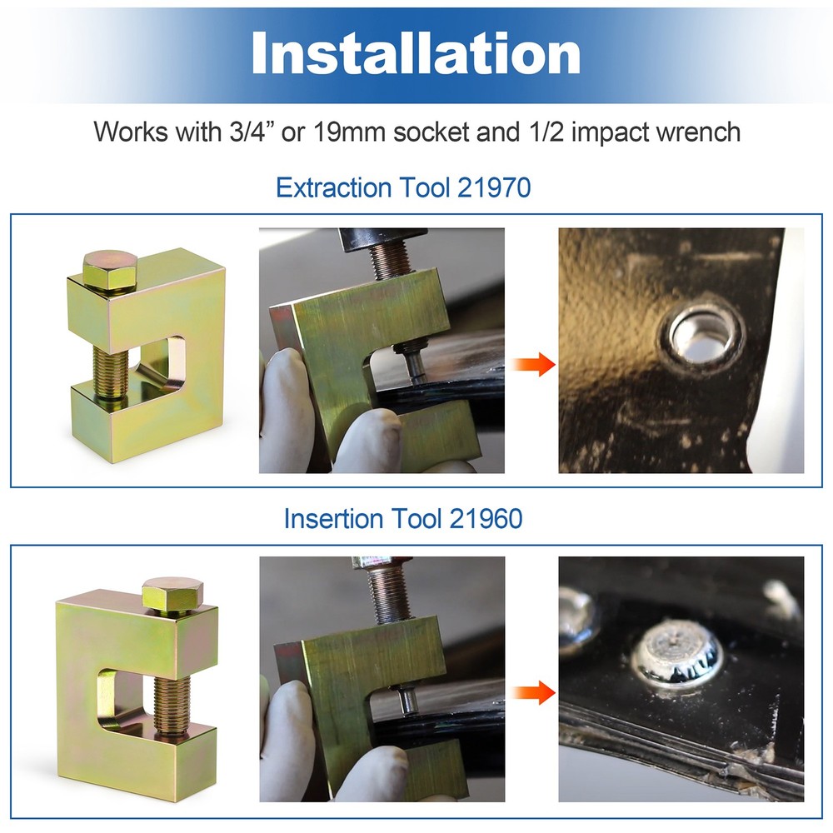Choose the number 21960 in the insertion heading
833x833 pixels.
pyautogui.click(x=486, y=519)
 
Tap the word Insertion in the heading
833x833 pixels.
pyautogui.click(x=337, y=519)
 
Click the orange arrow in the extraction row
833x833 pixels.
pyautogui.click(x=534, y=363)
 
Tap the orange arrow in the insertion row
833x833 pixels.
pyautogui.click(x=534, y=691)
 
